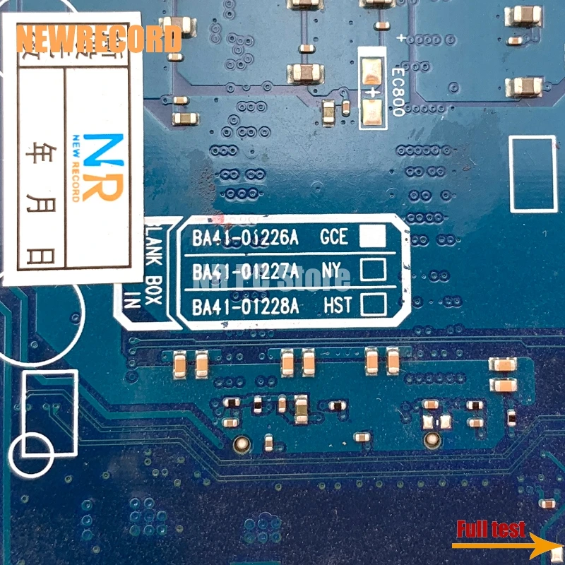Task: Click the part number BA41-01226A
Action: click(x=245, y=238)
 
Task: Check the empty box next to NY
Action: click(x=372, y=270)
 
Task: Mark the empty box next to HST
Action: click(x=372, y=304)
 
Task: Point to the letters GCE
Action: click(x=334, y=237)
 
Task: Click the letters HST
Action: click(x=337, y=306)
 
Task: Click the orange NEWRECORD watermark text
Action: click(x=98, y=38)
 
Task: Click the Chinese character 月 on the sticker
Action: click(x=33, y=192)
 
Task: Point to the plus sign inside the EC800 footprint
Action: click(x=371, y=91)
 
